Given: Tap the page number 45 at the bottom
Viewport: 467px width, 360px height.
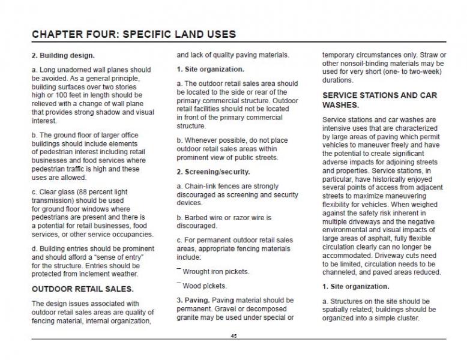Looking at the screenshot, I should (x=233, y=336).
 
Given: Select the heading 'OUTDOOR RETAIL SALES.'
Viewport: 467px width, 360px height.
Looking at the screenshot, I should (x=83, y=289).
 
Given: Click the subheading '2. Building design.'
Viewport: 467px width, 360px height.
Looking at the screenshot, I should (x=63, y=56).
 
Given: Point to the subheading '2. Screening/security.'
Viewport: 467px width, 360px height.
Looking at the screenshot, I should (x=212, y=172).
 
